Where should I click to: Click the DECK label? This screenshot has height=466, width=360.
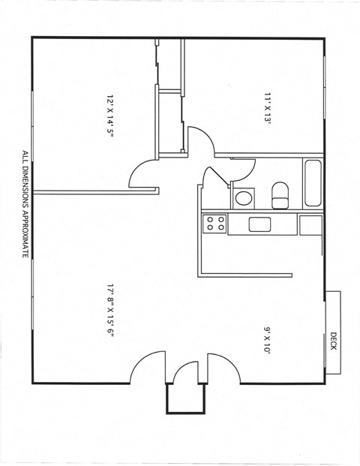pyautogui.click(x=333, y=341)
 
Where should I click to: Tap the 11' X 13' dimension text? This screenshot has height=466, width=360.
pyautogui.click(x=267, y=107)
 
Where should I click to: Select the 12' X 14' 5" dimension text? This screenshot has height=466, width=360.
pyautogui.click(x=109, y=121)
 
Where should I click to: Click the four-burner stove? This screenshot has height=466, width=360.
pyautogui.click(x=215, y=223)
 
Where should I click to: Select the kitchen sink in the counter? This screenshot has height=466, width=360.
pyautogui.click(x=259, y=224)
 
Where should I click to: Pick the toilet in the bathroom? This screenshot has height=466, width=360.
pyautogui.click(x=280, y=194)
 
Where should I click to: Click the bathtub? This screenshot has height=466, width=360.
pyautogui.click(x=312, y=184)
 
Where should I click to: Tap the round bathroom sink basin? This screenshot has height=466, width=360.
pyautogui.click(x=243, y=199)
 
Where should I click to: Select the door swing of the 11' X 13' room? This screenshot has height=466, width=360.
pyautogui.click(x=199, y=141)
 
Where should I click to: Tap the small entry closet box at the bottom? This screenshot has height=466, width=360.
pyautogui.click(x=185, y=398)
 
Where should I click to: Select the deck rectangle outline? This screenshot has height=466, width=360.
pyautogui.click(x=333, y=332)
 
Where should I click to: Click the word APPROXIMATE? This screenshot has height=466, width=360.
pyautogui.click(x=25, y=233)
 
